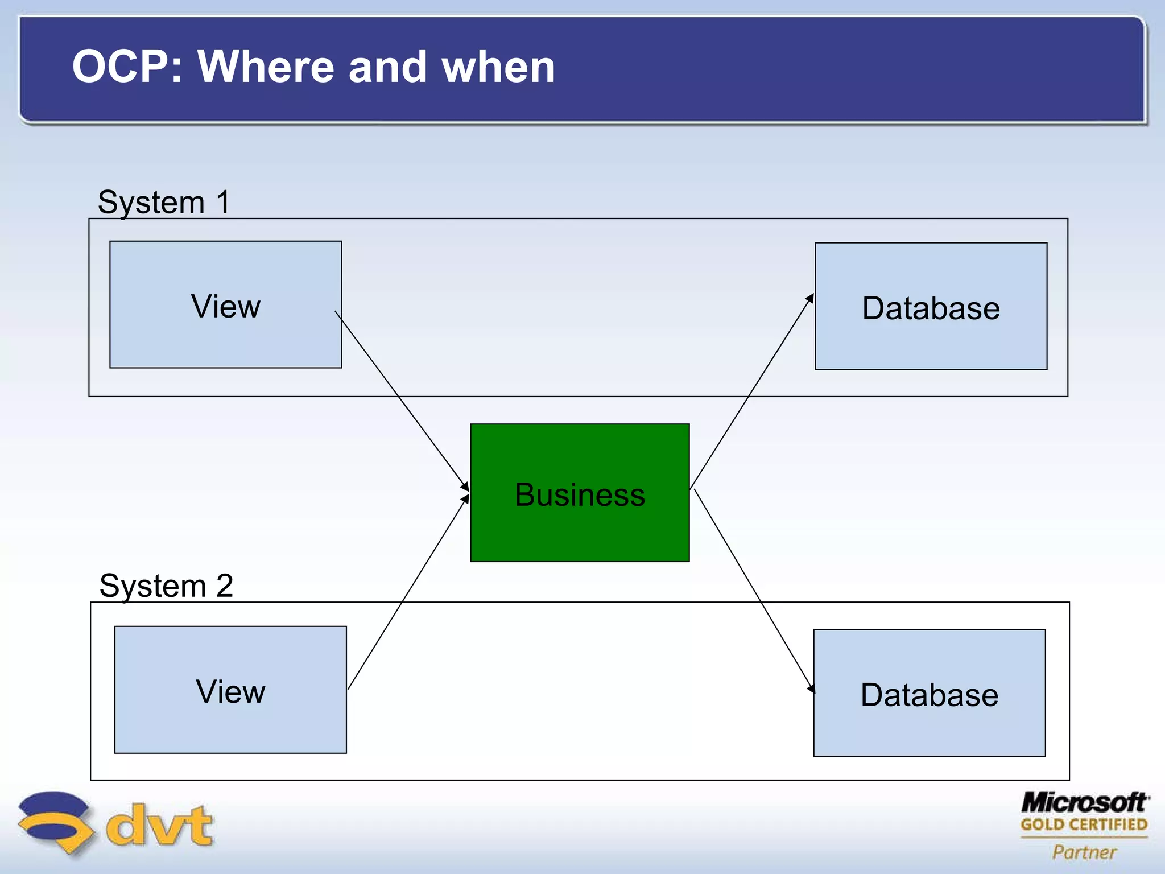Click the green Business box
[580, 493]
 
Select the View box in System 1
[225, 304]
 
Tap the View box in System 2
[230, 690]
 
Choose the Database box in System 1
[931, 307]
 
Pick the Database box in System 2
[929, 693]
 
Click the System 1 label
[164, 202]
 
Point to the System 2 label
[166, 586]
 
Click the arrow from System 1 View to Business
[401, 399]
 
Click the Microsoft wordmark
[1084, 803]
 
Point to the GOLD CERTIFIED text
[1084, 824]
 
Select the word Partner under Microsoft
[1084, 852]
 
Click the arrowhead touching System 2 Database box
[812, 689]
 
